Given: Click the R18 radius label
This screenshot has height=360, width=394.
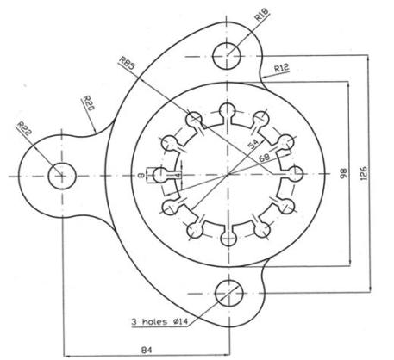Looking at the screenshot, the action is (x=261, y=15).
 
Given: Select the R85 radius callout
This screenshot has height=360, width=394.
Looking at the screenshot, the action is (x=127, y=63).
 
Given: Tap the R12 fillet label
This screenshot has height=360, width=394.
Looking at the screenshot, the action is (x=281, y=68).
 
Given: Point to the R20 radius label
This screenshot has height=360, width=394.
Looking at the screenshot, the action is (x=88, y=103).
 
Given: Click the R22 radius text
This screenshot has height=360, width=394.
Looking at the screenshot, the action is (x=24, y=128).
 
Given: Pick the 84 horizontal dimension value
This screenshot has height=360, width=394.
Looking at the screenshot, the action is (x=147, y=350).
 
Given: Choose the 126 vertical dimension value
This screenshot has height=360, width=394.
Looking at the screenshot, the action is (x=364, y=173).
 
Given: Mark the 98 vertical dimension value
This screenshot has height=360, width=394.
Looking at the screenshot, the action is (x=343, y=173).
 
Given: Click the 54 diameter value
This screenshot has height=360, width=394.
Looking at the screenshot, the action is (x=253, y=144).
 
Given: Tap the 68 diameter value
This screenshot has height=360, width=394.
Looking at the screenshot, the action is (x=265, y=158).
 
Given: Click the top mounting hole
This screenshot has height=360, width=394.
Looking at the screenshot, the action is (x=227, y=56).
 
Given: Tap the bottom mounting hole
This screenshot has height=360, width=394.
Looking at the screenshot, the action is (x=229, y=294).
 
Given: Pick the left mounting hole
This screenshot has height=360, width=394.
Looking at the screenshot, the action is (x=62, y=176).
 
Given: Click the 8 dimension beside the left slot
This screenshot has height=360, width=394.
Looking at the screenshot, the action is (x=141, y=176).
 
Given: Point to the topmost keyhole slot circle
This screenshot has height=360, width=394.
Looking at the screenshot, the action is (x=228, y=110).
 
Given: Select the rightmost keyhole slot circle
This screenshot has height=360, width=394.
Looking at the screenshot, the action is (x=295, y=174).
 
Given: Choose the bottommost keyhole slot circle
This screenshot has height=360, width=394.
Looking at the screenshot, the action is (x=228, y=239).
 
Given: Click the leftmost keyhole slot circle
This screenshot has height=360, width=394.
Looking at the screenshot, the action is (x=160, y=175).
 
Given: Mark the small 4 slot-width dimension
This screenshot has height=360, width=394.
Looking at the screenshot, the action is (x=178, y=175).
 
